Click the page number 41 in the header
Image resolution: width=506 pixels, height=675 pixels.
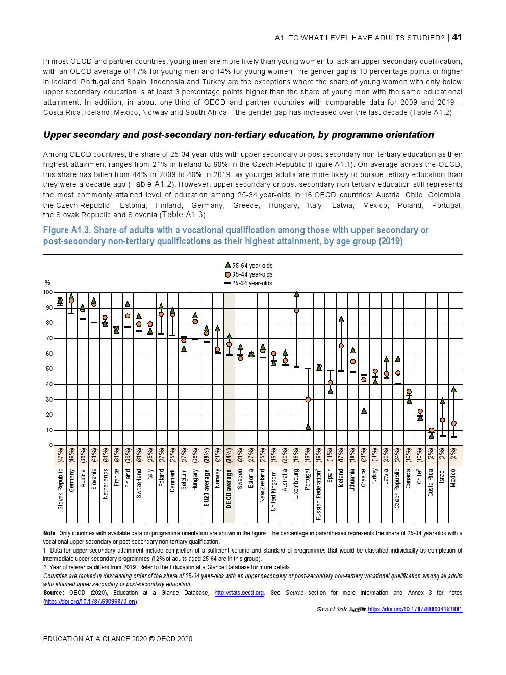tap(457, 37)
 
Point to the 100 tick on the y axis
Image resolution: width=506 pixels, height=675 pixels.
tap(47, 292)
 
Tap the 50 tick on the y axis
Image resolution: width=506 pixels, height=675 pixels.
tap(49, 369)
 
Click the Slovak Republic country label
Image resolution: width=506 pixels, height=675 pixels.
tap(60, 489)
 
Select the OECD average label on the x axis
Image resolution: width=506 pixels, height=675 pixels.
tap(229, 489)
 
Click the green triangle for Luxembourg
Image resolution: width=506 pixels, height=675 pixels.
tap(296, 294)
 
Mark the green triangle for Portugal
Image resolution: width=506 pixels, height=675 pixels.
tap(308, 427)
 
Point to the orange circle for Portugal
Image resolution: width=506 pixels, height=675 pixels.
tap(308, 399)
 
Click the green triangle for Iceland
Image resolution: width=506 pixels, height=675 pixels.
tap(341, 319)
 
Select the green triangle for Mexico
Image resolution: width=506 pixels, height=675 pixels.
tap(453, 389)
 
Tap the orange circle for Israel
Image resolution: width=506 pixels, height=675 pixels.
tap(442, 420)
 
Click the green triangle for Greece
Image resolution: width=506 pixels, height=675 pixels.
tap(364, 410)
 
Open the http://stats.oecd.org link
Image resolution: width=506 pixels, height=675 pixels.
tap(239, 593)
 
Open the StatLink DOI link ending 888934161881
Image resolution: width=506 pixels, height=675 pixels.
tap(415, 609)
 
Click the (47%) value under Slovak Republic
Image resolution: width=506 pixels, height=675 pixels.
tap(60, 455)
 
